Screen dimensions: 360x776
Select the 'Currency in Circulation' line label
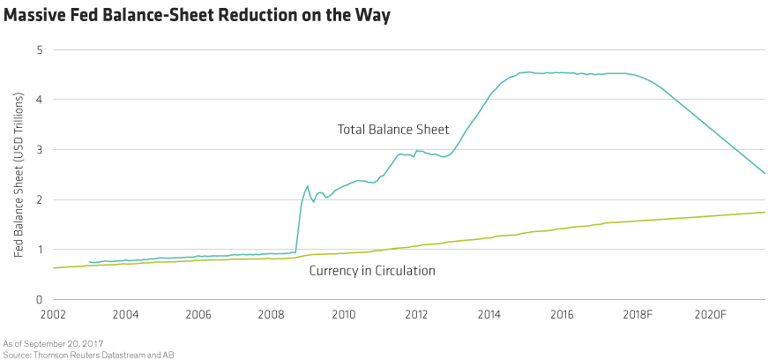click(371, 271)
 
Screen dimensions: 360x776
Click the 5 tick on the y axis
click(39, 50)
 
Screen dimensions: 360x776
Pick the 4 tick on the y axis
click(39, 101)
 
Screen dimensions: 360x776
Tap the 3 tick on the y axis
click(39, 151)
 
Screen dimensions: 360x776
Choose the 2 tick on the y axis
click(39, 200)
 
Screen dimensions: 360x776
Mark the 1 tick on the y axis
click(39, 251)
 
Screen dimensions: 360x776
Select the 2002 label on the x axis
click(52, 314)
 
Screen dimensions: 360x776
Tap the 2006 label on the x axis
click(198, 314)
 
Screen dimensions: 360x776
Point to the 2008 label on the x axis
click(270, 314)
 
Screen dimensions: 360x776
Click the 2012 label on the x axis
click(416, 314)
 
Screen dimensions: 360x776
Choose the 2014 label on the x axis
click(489, 314)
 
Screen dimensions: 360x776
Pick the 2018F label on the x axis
click(637, 314)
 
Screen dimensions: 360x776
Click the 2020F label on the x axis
click(710, 314)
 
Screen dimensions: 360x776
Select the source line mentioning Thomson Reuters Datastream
click(70, 353)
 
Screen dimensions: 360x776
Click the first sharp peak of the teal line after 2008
click(307, 185)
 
